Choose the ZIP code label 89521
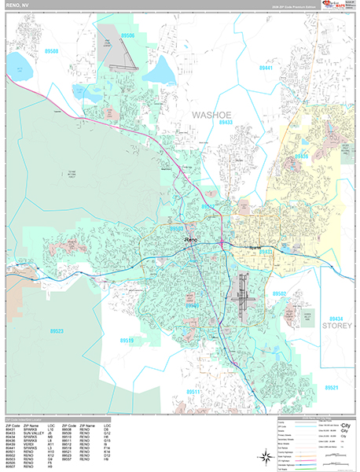[331, 388]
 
